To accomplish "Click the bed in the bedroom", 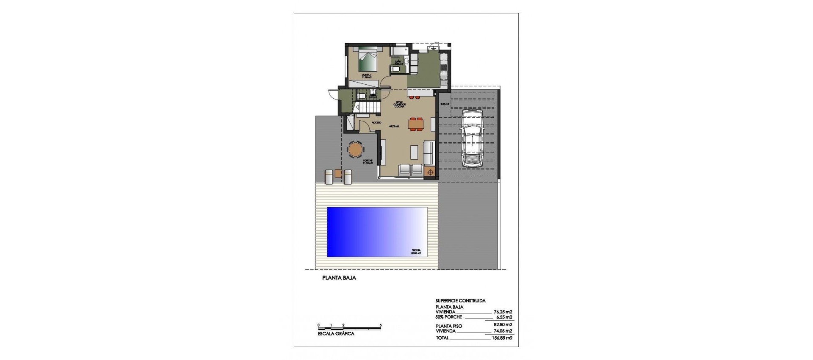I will pos(368,60).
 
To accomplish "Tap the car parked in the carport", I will pos(472,138).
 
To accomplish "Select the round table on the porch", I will pos(355,150).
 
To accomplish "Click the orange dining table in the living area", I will pos(416,124).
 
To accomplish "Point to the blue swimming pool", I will pos(377,232).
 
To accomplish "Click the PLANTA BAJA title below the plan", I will pos(339,278).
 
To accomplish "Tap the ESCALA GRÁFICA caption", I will pos(336,334).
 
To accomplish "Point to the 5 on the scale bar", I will pos(381,325).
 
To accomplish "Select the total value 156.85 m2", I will pos(503,338).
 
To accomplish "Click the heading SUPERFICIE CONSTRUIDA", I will pos(460,301).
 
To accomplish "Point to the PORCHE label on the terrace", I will pos(368,161).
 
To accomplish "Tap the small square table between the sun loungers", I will pos(338,173).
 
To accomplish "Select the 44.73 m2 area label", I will pos(394,126).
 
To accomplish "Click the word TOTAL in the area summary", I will pos(442,338).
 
